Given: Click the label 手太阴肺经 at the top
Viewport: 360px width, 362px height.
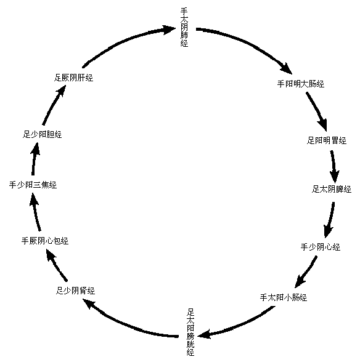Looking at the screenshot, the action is pos(184,28).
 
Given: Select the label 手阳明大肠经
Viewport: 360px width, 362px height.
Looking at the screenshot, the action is pos(301,84).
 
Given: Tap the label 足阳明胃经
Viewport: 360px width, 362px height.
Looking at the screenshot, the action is pos(327,140).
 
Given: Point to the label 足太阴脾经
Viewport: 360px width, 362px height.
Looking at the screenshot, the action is pos(331,189).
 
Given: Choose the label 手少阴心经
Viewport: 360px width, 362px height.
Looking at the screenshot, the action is pos(320,247).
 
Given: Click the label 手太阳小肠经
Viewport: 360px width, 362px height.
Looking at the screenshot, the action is pos(284,297).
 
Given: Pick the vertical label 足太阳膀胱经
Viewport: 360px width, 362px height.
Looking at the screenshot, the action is pos(190,332).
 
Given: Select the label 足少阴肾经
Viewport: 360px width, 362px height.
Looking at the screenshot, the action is pos(75,291).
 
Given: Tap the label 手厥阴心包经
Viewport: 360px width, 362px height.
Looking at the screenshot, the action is pos(45,241).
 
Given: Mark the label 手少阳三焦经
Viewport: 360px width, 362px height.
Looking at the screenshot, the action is pos(33,185).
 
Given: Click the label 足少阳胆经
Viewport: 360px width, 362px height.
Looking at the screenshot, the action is pos(43,134).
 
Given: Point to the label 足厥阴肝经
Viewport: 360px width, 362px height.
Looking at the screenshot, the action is pos(73,78).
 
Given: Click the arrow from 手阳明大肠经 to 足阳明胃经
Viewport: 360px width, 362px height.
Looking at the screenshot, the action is pos(317,110).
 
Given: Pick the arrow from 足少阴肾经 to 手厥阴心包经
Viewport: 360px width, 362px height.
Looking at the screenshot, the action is pos(56,265).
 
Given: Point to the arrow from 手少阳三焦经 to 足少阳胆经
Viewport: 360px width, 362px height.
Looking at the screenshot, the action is pos(34,159).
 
